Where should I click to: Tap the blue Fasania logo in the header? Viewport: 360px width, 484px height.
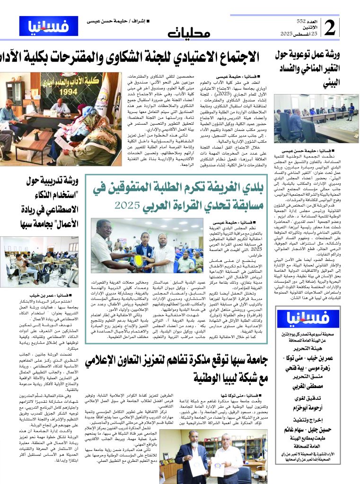pos(49,27)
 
